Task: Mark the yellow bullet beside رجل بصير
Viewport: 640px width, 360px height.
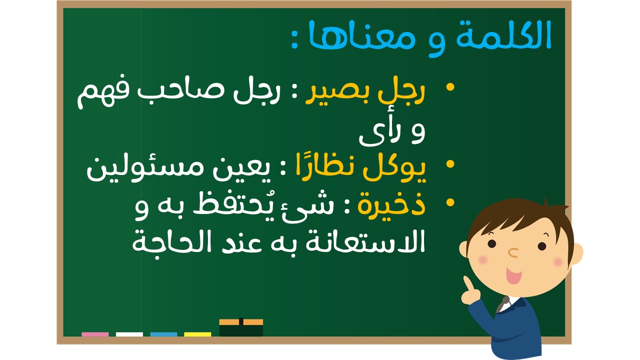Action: tap(450, 87)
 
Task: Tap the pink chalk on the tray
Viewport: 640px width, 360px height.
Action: tap(95, 334)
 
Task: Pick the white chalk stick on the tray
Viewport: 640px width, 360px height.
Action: tap(129, 334)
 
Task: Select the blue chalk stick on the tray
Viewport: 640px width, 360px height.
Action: tap(163, 334)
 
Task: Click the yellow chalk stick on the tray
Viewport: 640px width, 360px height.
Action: tap(197, 334)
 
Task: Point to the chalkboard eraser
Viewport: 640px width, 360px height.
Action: tap(241, 327)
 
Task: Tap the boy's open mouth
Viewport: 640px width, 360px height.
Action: tap(513, 275)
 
